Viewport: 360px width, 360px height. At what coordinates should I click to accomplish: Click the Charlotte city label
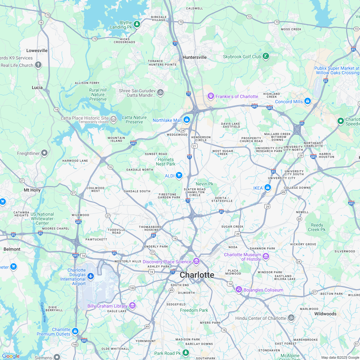(197, 275)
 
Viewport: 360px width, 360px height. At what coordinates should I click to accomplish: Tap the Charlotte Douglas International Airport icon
(91, 276)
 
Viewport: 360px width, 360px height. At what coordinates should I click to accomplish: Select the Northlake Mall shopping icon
(187, 120)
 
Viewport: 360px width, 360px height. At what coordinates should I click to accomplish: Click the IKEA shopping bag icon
(268, 188)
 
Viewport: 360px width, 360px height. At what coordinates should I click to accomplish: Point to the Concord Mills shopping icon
(308, 101)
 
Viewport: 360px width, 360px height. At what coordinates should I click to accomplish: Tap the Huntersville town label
(194, 57)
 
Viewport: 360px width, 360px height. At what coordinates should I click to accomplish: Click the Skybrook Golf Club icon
(266, 56)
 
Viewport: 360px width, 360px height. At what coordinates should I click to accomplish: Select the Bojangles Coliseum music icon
(239, 290)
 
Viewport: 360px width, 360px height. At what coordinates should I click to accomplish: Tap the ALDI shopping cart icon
(179, 175)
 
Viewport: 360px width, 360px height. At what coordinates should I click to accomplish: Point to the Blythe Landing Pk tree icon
(137, 24)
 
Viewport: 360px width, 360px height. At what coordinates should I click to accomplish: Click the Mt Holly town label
(32, 190)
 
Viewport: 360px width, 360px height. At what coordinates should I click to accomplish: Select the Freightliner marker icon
(45, 153)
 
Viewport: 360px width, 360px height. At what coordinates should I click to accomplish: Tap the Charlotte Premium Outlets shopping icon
(75, 331)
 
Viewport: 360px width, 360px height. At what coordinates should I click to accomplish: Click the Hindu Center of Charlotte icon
(291, 318)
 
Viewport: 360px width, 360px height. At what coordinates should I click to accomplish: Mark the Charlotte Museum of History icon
(266, 256)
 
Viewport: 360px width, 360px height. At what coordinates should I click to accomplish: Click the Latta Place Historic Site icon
(113, 119)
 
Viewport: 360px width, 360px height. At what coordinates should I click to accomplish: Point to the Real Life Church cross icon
(38, 65)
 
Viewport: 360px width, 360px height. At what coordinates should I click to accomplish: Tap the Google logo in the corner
(11, 356)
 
